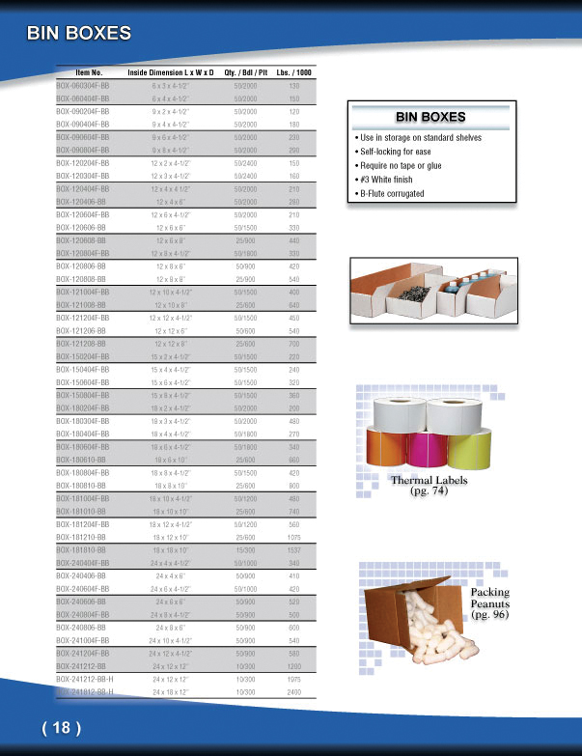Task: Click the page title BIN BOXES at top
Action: [x=79, y=34]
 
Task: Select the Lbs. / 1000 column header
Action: [x=293, y=73]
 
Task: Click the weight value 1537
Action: [x=294, y=549]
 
